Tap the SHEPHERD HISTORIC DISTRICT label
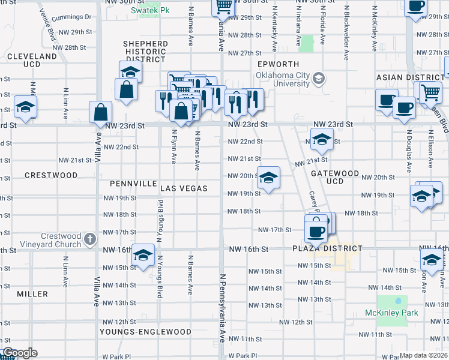[145, 52]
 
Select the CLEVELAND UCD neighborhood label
[32, 60]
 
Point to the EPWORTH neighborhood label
[274, 64]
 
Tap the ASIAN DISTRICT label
[409, 77]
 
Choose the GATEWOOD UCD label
[334, 177]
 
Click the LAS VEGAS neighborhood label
[184, 188]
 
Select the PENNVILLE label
[133, 183]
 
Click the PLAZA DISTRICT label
[327, 248]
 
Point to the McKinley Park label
[391, 313]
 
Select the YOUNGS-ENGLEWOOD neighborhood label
[146, 331]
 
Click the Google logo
[19, 353]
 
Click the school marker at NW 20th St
[269, 178]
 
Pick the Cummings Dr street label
[71, 18]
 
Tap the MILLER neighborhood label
[32, 294]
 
